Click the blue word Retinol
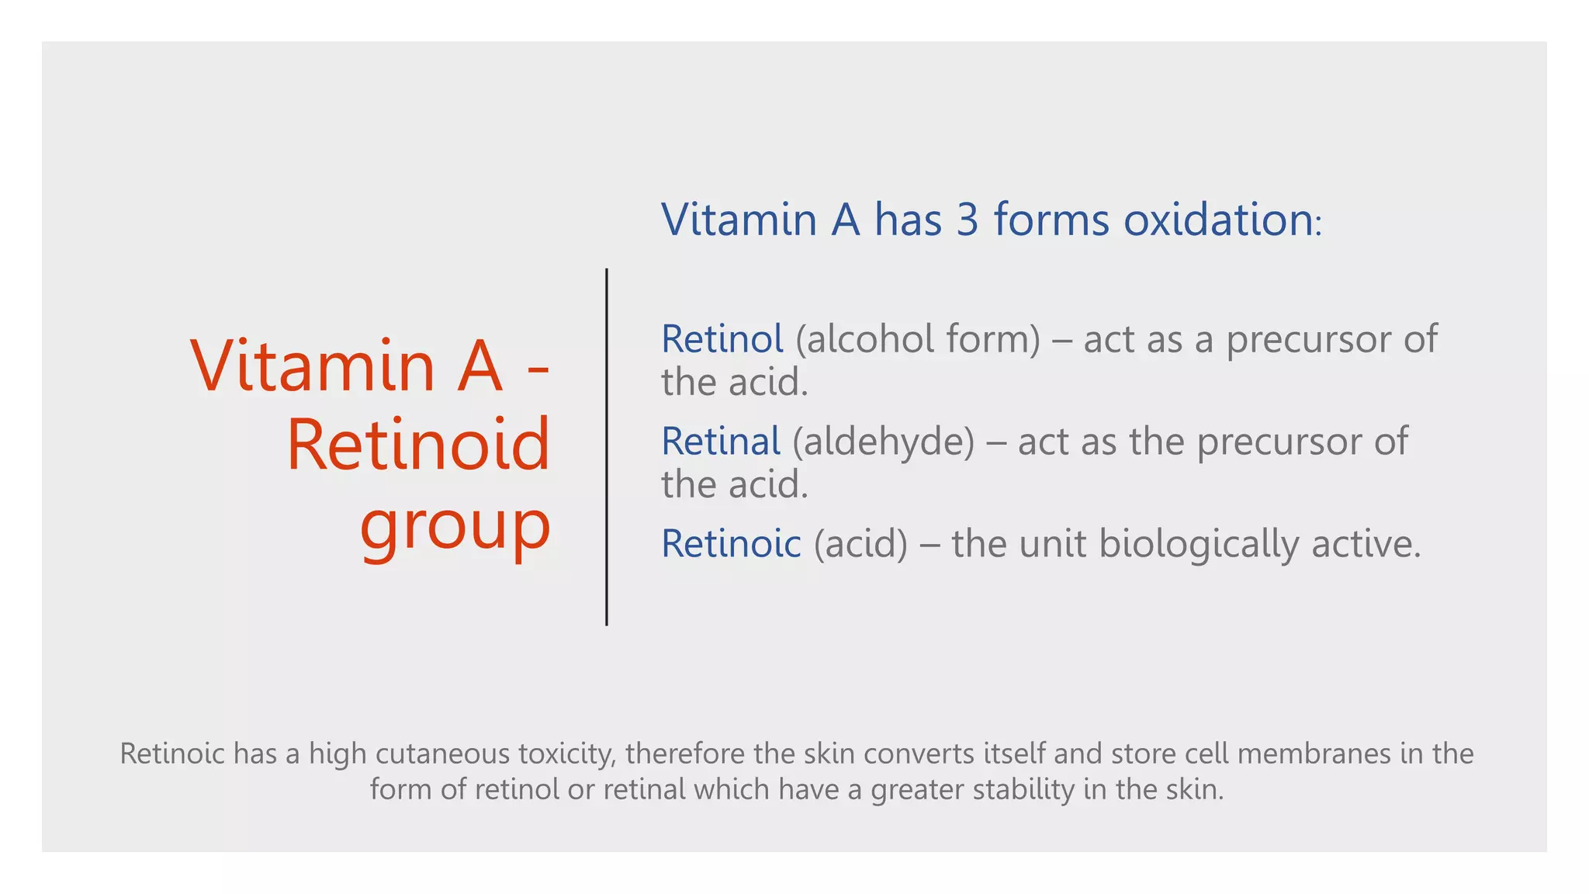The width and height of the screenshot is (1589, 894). point(722,339)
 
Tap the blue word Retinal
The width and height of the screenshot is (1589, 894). point(720,442)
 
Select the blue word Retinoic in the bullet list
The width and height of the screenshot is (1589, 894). point(730,543)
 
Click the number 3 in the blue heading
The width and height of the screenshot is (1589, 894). point(967,220)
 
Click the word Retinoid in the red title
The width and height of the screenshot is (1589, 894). point(418,445)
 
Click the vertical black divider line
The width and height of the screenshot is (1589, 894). point(607,447)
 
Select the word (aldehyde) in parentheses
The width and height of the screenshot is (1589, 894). point(883,442)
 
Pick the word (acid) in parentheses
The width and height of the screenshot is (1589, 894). point(860,543)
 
